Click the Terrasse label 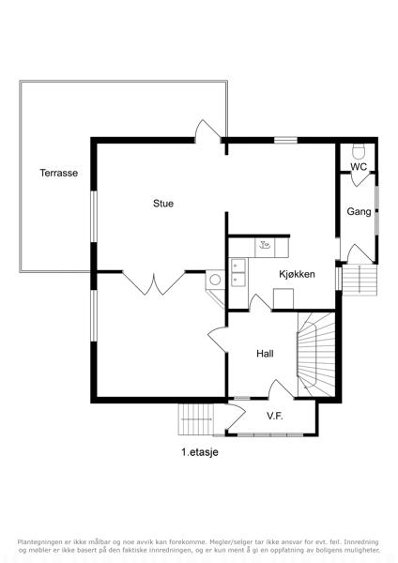point(58,173)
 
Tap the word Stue point(163,204)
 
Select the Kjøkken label point(297,274)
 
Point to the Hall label point(265,354)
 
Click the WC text point(359,167)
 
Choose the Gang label point(359,211)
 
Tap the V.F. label point(275,416)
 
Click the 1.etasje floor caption point(200,452)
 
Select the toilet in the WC point(359,151)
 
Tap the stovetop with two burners point(238,272)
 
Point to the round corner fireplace point(215,280)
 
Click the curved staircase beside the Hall point(316,355)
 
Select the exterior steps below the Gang point(360,280)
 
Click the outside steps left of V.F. point(196,419)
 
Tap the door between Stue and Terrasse point(207,132)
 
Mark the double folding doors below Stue point(154,283)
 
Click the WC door point(360,179)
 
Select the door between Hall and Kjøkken point(260,302)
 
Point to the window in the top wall point(286,140)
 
